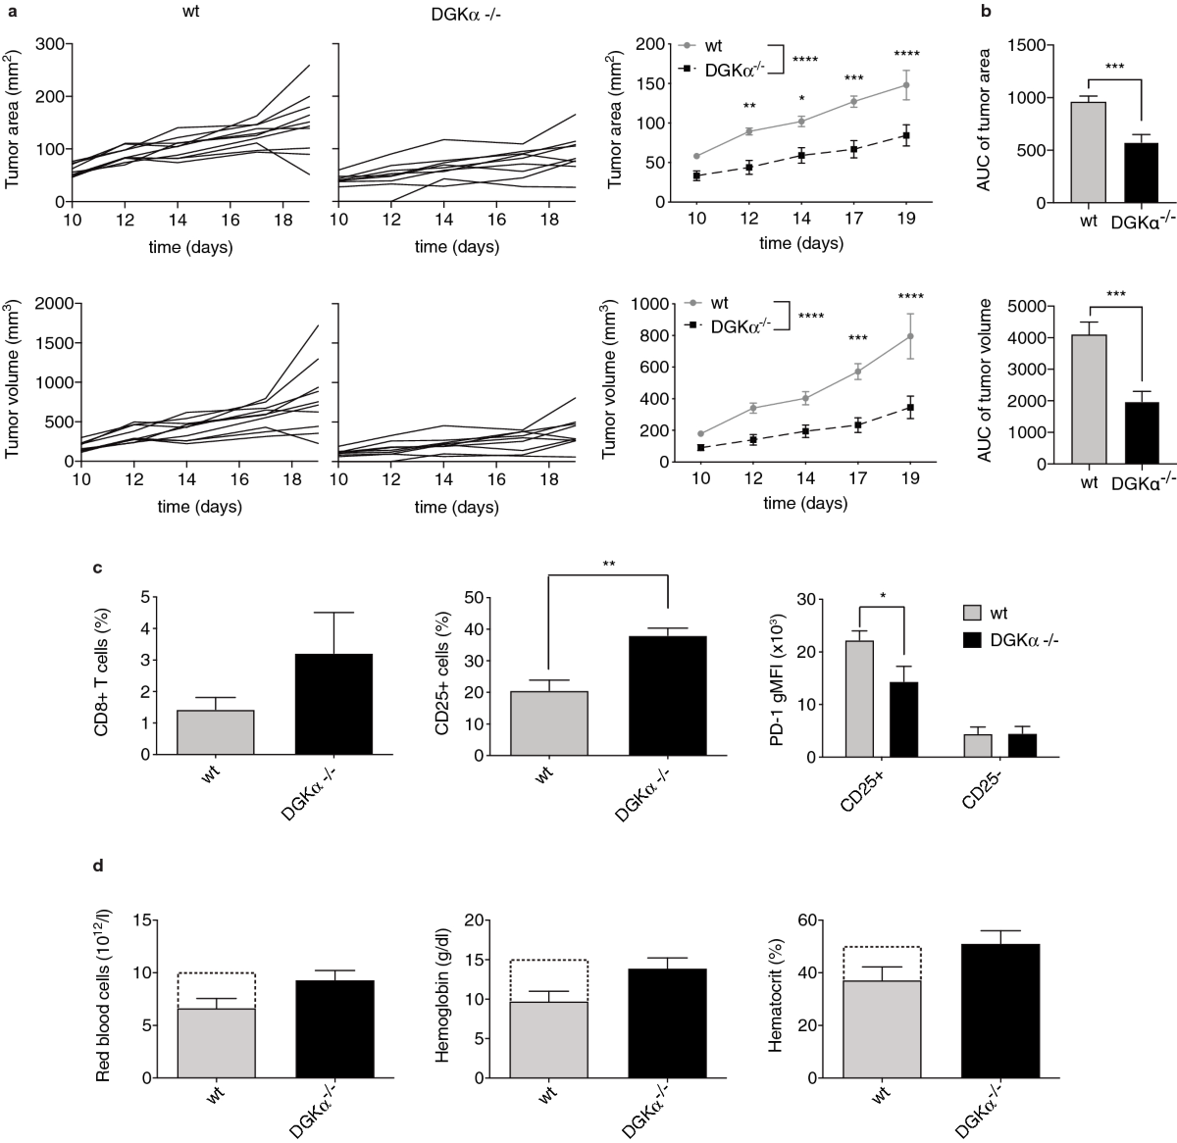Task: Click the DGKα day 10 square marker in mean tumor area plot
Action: pyautogui.click(x=696, y=175)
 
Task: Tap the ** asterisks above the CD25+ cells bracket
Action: pyautogui.click(x=607, y=564)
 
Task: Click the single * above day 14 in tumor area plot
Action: pyautogui.click(x=801, y=99)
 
